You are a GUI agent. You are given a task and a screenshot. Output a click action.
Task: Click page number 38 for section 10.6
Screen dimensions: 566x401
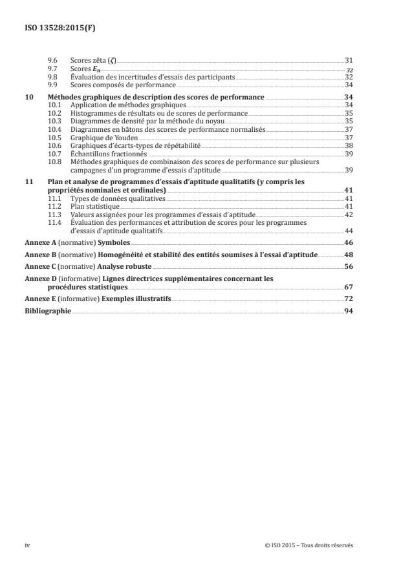click(x=349, y=145)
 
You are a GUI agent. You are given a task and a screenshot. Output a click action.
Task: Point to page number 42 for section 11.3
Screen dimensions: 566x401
click(x=349, y=214)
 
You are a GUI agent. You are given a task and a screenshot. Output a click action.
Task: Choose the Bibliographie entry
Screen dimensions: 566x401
click(x=47, y=311)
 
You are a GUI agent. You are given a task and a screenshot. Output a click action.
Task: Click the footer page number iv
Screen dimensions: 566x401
click(x=28, y=545)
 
